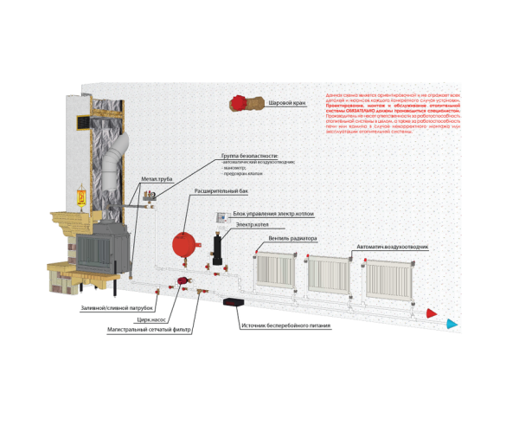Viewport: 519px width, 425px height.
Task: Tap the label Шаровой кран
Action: pos(287,103)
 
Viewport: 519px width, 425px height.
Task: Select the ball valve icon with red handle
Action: pos(247,104)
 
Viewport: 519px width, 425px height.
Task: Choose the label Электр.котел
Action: pos(246,224)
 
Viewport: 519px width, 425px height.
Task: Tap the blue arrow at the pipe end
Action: pos(451,324)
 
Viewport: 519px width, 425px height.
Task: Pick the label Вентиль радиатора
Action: pos(292,238)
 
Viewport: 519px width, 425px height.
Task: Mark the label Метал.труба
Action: pos(157,179)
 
